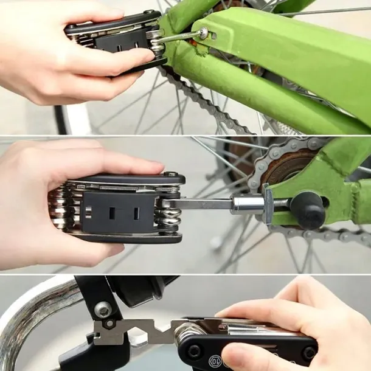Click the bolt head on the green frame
point(203,33)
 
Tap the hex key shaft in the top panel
point(180,38)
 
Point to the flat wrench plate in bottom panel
point(134,332)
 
